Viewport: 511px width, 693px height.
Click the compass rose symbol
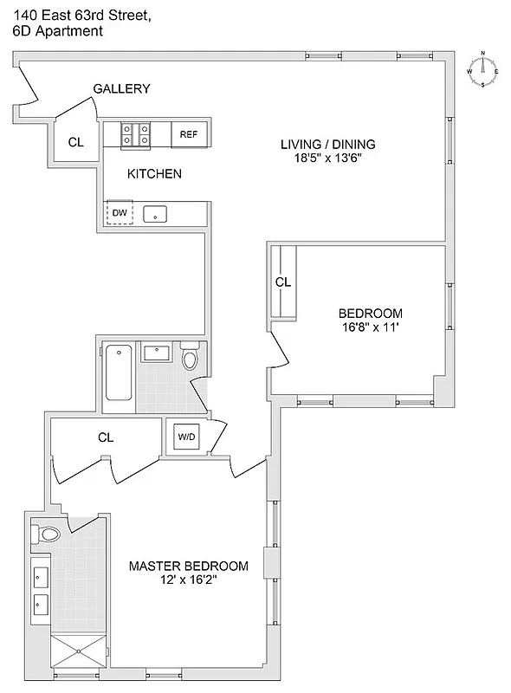pos(482,69)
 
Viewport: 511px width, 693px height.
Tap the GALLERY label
pos(122,88)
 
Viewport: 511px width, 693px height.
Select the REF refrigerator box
pos(189,134)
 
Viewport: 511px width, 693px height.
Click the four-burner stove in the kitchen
pos(136,134)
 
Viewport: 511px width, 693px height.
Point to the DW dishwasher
pos(120,213)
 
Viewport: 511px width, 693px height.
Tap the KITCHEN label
pos(154,174)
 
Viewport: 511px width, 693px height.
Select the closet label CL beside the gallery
pos(76,142)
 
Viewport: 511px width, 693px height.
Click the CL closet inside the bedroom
pos(283,282)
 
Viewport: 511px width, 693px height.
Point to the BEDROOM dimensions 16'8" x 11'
pos(370,327)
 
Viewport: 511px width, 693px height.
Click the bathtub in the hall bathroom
pos(119,372)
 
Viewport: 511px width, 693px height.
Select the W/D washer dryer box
pos(186,437)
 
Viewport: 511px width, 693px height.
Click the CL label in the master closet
pos(106,437)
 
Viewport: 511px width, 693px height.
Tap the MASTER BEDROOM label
pos(188,567)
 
